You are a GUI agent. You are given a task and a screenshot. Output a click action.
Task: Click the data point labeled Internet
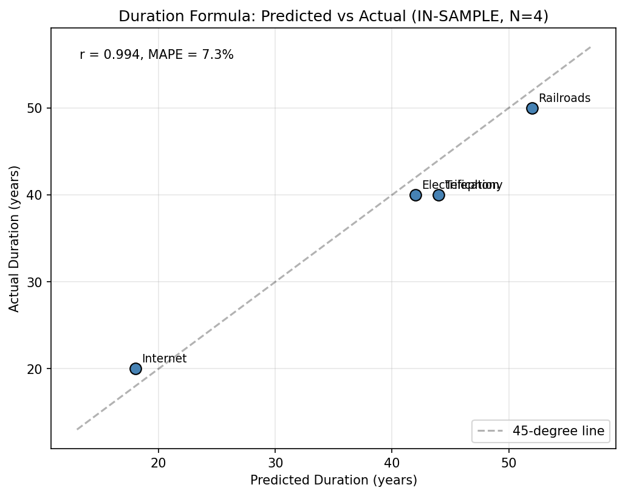point(135,369)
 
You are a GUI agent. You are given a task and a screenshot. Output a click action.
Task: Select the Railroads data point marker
point(532,108)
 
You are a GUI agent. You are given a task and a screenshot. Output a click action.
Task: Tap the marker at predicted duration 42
point(415,195)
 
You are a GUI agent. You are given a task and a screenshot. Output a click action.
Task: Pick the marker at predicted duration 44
point(439,195)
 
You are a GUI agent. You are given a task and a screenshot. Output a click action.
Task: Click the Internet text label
point(164,359)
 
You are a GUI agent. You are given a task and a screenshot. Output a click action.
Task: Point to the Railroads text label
point(564,98)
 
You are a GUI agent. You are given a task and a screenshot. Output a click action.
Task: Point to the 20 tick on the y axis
point(38,369)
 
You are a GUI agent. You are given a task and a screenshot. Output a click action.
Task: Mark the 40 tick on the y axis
point(38,195)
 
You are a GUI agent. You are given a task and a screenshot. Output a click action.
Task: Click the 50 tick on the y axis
point(38,109)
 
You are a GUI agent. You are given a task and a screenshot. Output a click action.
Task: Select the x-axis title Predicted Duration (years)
point(333,481)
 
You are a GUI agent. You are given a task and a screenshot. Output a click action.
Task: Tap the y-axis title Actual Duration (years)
point(15,239)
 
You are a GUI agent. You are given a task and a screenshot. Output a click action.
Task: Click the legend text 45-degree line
point(558,431)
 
